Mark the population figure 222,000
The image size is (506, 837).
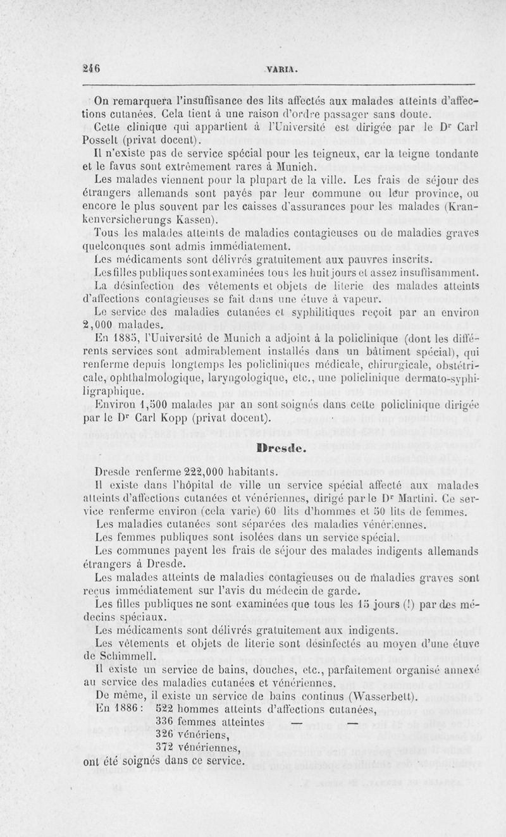pyautogui.click(x=184, y=470)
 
